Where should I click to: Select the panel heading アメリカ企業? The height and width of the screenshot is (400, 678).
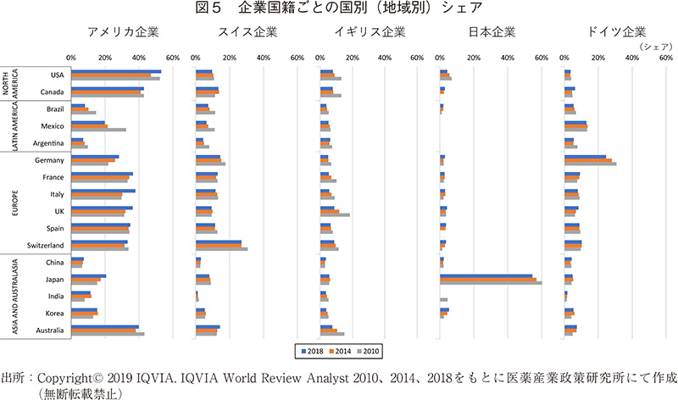pos(123,34)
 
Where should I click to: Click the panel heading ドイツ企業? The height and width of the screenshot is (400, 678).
pos(616,34)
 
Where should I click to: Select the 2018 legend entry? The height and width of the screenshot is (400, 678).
pos(308,348)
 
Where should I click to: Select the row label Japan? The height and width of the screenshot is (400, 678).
pos(55,279)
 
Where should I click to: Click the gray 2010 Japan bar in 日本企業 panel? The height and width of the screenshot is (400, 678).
pos(491,283)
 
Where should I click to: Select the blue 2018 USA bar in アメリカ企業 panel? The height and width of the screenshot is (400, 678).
pos(116,71)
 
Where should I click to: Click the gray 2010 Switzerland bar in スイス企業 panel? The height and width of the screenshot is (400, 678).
pos(221,249)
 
